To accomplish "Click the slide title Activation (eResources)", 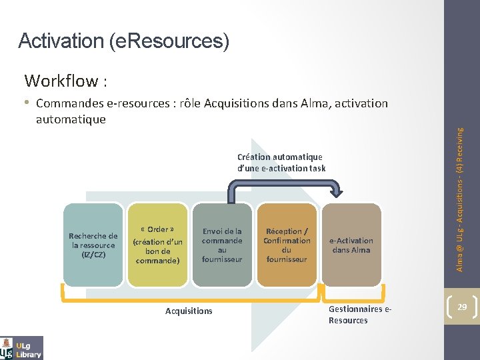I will [124, 41].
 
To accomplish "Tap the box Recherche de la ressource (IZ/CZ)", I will [93, 245].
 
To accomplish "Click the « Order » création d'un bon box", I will [157, 245].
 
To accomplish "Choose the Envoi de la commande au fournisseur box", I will [222, 245].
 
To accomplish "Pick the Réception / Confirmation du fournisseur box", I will [287, 245].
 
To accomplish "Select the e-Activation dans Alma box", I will [351, 245].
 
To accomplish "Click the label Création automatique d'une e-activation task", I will [281, 163].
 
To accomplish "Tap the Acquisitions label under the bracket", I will [189, 311].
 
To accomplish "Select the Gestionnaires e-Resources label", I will [355, 315].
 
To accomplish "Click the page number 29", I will [461, 307].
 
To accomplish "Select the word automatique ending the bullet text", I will [71, 119].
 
